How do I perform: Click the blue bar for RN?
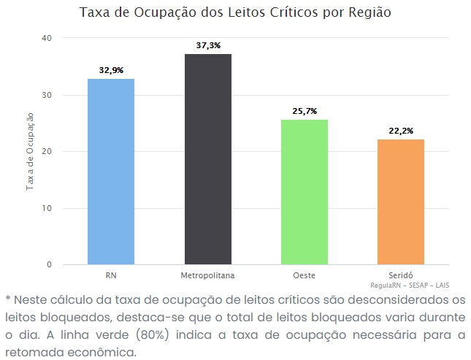[x=111, y=172]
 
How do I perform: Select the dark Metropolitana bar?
[x=207, y=159]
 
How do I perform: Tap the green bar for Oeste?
[x=305, y=191]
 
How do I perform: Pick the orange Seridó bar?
[x=401, y=202]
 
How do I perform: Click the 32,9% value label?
[x=111, y=70]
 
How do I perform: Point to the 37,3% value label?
[x=208, y=45]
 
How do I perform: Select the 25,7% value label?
[x=305, y=111]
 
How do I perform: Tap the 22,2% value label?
[x=401, y=131]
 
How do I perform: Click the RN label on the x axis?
[x=111, y=275]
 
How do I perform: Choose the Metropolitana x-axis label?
[x=207, y=275]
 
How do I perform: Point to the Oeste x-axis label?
[x=305, y=275]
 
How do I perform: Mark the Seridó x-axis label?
[x=401, y=275]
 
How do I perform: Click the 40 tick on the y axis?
[x=47, y=38]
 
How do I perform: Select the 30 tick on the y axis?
[x=47, y=95]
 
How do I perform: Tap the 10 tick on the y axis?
[x=47, y=208]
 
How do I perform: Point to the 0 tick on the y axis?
[x=49, y=264]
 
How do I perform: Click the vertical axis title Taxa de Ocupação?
[x=30, y=152]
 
